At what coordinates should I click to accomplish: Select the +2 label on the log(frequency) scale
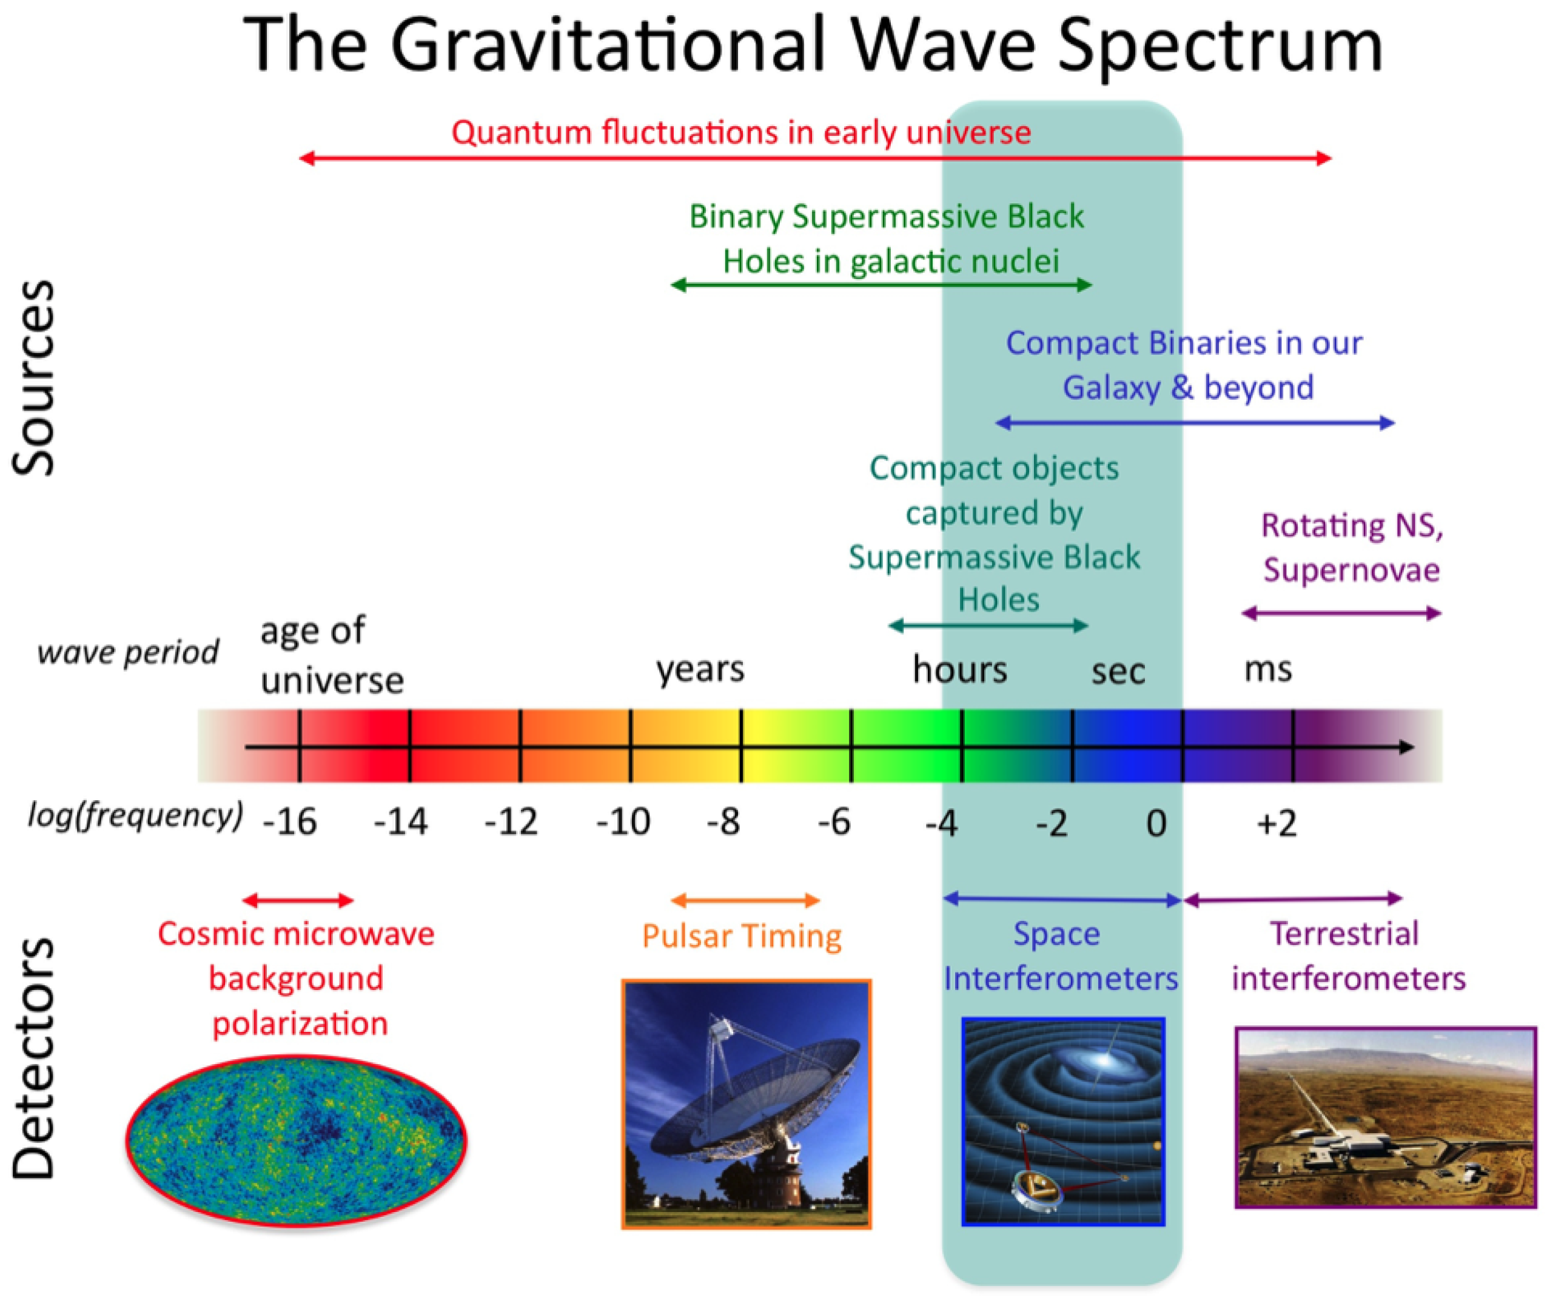[1277, 823]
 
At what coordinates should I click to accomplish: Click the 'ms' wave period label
[1268, 669]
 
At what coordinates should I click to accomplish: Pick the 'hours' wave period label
[960, 669]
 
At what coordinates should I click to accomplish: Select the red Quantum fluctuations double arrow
[816, 158]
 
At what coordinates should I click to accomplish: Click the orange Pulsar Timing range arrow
[745, 900]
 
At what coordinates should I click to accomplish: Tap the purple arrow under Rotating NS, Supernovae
[1341, 613]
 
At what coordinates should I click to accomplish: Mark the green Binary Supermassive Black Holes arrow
[881, 285]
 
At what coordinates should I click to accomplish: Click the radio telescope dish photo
[747, 1105]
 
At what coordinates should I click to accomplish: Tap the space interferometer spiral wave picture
[1063, 1122]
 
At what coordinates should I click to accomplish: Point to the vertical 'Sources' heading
[34, 378]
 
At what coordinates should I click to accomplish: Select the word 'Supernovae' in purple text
[1352, 570]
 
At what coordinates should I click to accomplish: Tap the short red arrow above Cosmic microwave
[298, 900]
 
